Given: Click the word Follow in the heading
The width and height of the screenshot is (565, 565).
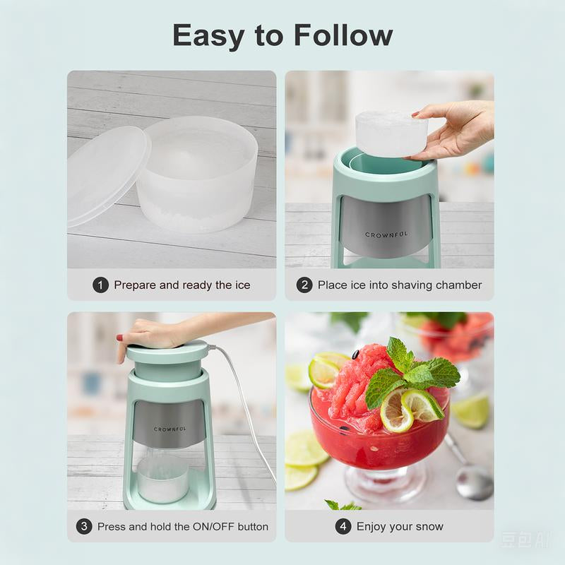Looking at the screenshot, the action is pyautogui.click(x=343, y=35).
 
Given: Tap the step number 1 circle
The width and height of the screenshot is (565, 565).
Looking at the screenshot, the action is pyautogui.click(x=100, y=285).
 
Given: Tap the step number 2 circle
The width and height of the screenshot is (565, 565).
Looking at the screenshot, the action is pyautogui.click(x=304, y=285).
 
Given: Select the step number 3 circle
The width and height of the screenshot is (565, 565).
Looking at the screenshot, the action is pyautogui.click(x=84, y=527).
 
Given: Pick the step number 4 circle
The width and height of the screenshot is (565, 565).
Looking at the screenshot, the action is pyautogui.click(x=343, y=527).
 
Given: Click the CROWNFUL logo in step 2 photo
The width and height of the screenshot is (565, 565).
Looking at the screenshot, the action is pyautogui.click(x=386, y=234).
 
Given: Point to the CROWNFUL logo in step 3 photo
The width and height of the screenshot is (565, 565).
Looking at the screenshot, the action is pyautogui.click(x=169, y=429).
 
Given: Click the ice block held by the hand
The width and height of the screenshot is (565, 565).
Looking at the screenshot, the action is pyautogui.click(x=391, y=133).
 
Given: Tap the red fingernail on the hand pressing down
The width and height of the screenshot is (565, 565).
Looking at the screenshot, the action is pyautogui.click(x=119, y=338).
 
